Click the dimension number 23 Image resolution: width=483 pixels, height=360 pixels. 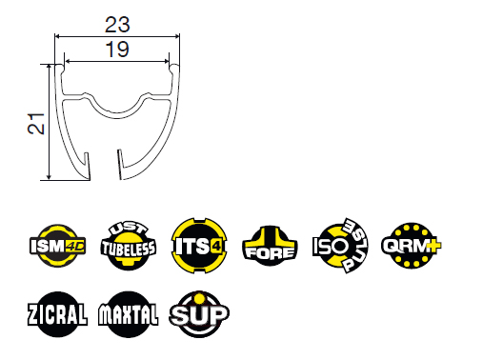click(117, 25)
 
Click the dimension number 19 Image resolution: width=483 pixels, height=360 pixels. click(117, 50)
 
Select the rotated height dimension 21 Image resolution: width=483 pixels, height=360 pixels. click(36, 124)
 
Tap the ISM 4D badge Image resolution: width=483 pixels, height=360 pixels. click(57, 246)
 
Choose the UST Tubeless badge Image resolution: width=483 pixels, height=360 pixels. click(129, 246)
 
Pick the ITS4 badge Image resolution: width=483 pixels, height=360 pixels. click(199, 246)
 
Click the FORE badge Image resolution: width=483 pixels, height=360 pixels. click(270, 246)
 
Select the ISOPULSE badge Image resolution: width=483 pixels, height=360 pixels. click(340, 246)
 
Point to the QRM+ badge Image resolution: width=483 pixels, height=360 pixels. click(412, 246)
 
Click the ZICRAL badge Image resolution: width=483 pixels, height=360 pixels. click(57, 314)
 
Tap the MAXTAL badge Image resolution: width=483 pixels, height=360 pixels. click(129, 314)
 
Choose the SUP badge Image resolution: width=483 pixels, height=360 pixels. click(199, 314)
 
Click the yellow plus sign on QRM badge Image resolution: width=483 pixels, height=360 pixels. click(433, 246)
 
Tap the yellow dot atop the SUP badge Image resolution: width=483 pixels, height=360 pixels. click(199, 298)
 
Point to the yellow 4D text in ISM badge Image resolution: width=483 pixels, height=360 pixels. click(75, 246)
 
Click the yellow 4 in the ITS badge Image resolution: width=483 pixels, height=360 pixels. click(216, 247)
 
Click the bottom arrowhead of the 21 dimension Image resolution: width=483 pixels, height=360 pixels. click(49, 176)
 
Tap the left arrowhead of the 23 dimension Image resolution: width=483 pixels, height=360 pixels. click(58, 37)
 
